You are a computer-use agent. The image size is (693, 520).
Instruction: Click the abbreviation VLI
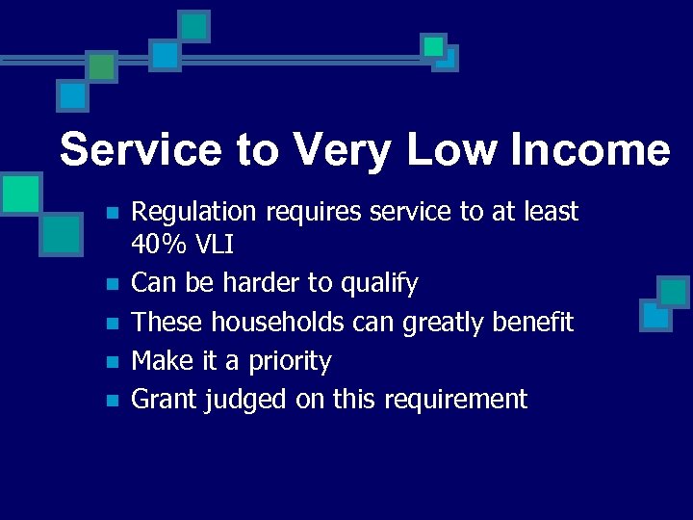(213, 247)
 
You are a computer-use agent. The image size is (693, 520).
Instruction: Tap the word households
(278, 322)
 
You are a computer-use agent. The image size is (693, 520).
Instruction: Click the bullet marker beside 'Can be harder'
(112, 285)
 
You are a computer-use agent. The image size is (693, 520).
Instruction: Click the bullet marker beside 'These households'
(112, 324)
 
